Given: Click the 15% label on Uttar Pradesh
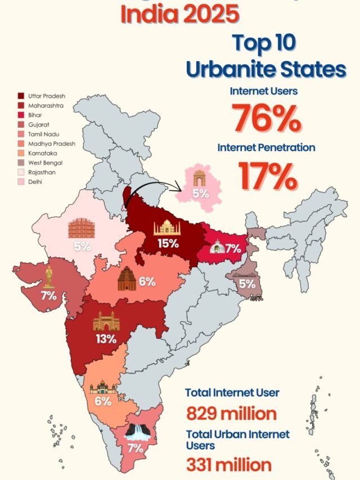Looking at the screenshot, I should coord(168,244).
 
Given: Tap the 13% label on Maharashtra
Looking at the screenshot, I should coord(106,339).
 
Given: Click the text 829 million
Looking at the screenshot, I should coord(231,414).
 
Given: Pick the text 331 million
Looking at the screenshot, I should coord(228,465).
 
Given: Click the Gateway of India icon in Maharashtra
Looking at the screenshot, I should coord(106,321).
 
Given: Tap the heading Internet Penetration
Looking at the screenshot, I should coord(267,147).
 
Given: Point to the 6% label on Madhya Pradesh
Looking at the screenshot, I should coord(147,282).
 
